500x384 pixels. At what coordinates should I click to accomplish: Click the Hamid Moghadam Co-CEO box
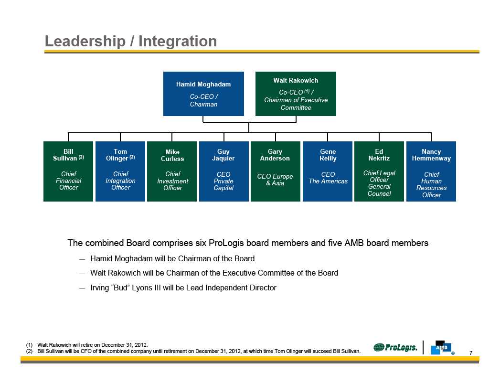(203, 94)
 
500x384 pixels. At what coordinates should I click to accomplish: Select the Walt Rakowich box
(296, 94)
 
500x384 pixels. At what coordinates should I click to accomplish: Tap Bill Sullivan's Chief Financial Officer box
(68, 171)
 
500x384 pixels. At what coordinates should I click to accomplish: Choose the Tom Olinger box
(120, 171)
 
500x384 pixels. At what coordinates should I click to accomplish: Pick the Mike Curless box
(172, 171)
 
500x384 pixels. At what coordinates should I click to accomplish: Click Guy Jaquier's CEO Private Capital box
(223, 171)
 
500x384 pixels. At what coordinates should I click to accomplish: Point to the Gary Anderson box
(275, 171)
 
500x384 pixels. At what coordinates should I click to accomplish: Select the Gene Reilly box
(328, 171)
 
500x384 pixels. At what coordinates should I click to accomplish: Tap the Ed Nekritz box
(379, 171)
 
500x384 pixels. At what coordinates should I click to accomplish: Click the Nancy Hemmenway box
(431, 171)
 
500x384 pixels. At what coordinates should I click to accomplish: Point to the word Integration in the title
(178, 42)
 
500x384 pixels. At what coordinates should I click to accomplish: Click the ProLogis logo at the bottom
(395, 347)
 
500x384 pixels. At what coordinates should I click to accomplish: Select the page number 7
(471, 353)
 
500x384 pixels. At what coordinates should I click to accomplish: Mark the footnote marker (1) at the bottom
(29, 344)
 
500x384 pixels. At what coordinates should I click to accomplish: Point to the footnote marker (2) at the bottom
(29, 351)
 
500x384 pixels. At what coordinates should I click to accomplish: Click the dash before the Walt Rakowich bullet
(82, 274)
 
